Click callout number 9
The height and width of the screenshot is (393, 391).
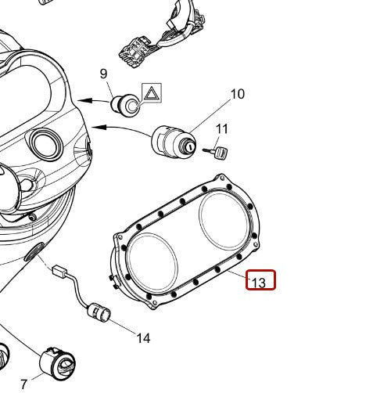(103, 74)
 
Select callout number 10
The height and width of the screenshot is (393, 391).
(238, 94)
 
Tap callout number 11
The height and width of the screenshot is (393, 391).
(222, 129)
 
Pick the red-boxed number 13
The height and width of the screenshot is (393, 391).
(259, 283)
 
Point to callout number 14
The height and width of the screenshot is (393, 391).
(144, 338)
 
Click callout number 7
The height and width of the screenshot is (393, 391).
(23, 384)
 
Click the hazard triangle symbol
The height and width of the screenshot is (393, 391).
(152, 92)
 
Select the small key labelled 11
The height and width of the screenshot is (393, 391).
(216, 152)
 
